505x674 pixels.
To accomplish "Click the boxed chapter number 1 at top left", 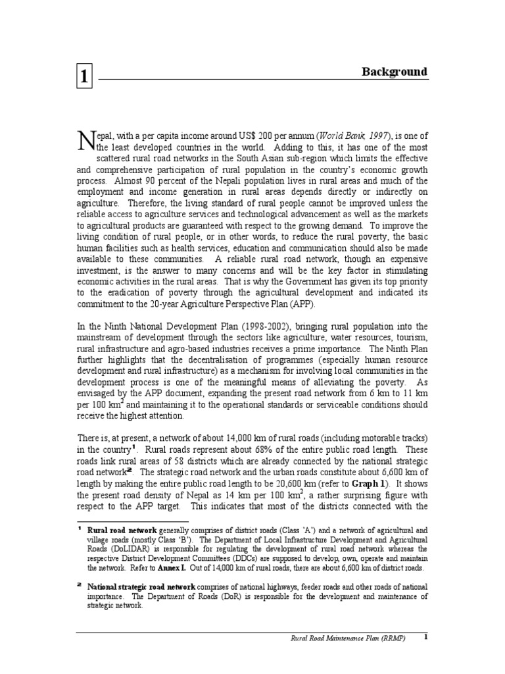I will click(84, 74).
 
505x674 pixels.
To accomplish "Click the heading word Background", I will click(395, 72).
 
